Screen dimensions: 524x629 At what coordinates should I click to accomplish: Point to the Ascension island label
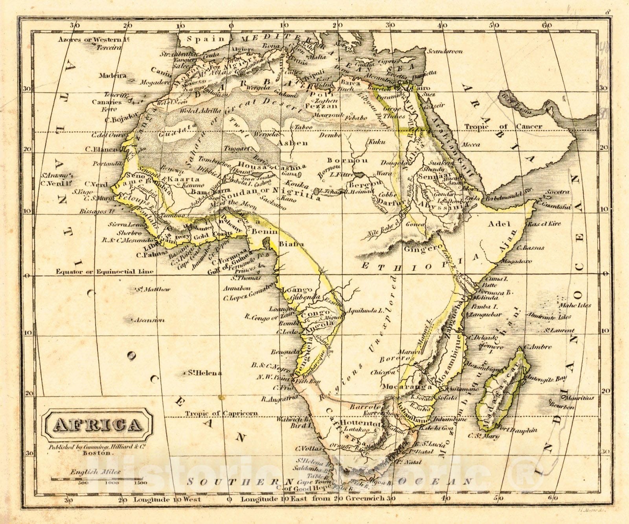(149, 320)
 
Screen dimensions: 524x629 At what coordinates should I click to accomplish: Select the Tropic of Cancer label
(503, 127)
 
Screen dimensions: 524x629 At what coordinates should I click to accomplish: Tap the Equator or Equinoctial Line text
(105, 271)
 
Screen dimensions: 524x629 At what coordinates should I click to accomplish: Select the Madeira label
(112, 76)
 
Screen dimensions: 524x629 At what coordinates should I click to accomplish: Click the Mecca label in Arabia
(471, 144)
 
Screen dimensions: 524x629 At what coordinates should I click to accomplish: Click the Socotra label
(557, 192)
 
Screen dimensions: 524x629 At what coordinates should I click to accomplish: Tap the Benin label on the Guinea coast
(265, 232)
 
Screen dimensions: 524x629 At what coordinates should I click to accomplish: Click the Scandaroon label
(445, 51)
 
